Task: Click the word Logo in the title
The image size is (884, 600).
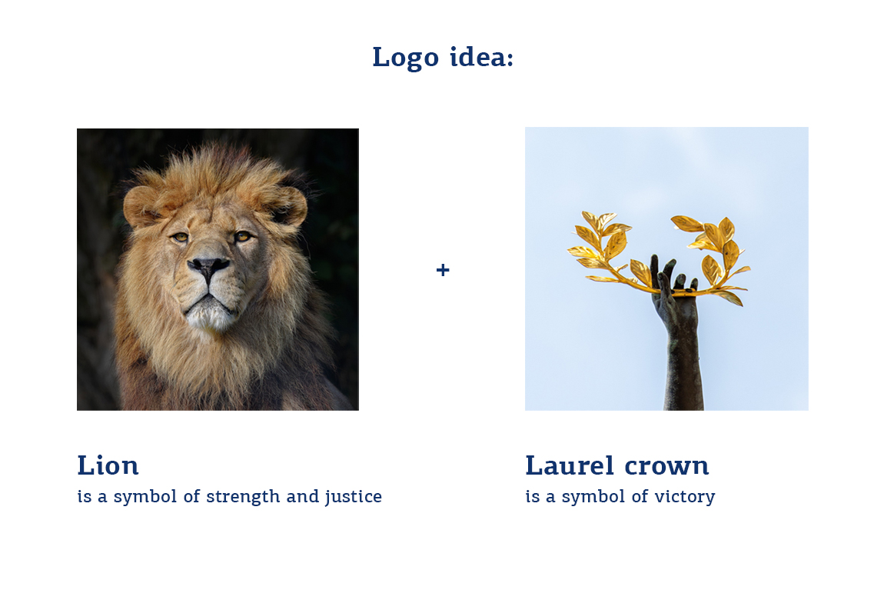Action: click(x=405, y=58)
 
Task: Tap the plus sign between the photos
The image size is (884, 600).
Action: click(x=443, y=270)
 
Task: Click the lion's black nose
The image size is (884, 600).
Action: click(x=208, y=266)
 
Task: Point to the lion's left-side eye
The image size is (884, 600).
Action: click(x=181, y=238)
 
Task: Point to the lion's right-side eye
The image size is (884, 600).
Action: click(x=243, y=237)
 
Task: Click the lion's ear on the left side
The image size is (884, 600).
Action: click(x=141, y=206)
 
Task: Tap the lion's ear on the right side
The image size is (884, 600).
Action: click(x=291, y=206)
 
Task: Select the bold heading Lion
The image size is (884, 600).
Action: click(x=108, y=466)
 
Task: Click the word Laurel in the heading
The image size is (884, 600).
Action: click(x=570, y=466)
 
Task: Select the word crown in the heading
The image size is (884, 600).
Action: click(x=666, y=467)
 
